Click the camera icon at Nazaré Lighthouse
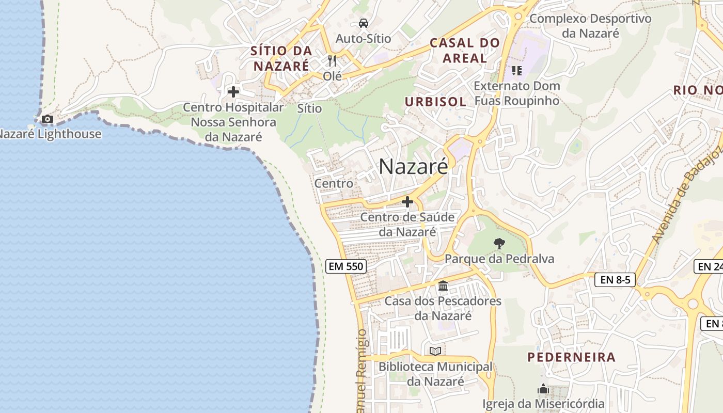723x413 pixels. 47,119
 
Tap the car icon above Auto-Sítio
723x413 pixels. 364,23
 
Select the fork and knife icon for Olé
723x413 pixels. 332,61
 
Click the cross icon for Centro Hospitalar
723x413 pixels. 233,92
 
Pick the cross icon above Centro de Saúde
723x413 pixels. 407,202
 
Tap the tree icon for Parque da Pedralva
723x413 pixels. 499,243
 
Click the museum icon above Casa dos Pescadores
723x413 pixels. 443,285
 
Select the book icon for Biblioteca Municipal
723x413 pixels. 435,352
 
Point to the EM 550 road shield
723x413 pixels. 346,266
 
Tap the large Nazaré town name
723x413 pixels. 413,166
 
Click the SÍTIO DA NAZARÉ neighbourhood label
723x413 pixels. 281,58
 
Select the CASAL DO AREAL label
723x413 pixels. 465,50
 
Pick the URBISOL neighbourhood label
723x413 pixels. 435,102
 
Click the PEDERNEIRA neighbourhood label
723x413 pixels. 571,357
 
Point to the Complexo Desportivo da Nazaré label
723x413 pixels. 590,26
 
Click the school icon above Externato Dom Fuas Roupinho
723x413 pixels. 516,71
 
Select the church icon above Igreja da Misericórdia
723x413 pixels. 543,389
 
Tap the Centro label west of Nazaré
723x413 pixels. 334,183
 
